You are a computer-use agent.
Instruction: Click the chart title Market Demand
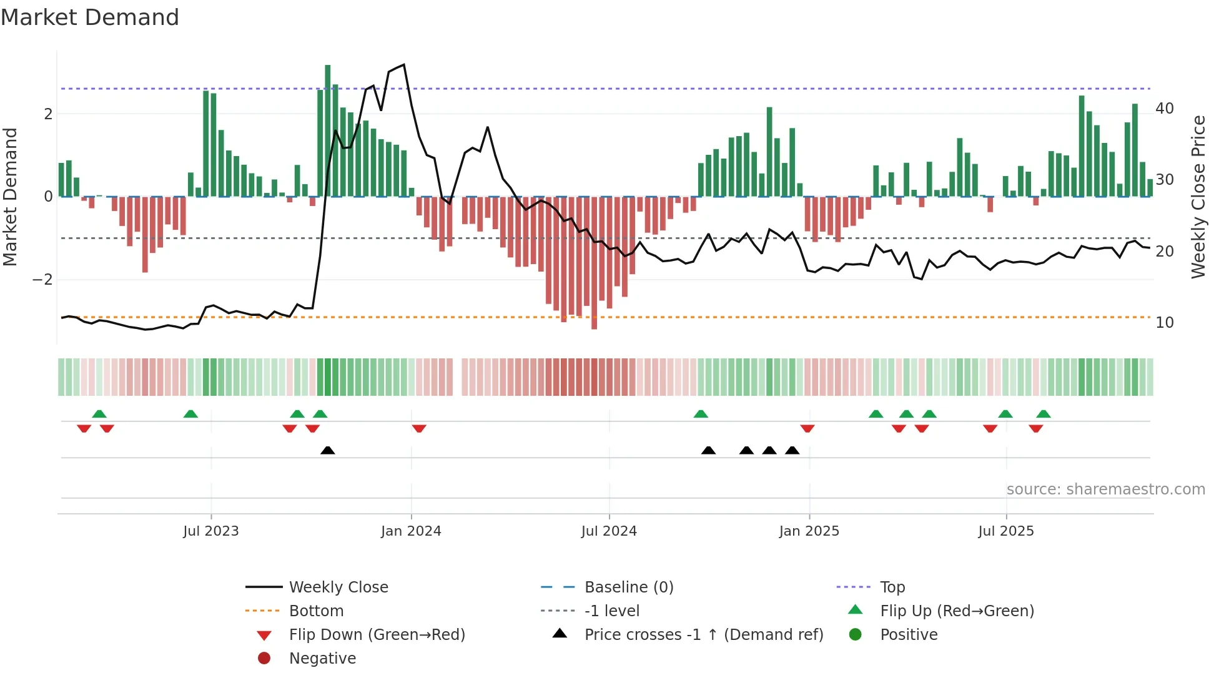pos(90,17)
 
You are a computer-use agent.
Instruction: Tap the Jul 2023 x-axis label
pos(210,531)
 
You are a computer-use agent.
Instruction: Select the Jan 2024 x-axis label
pos(411,531)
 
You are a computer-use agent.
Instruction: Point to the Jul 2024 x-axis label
pos(609,531)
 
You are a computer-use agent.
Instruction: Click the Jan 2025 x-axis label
pos(809,531)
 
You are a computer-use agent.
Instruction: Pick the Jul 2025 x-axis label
pos(1006,531)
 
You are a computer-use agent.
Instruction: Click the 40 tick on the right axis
pos(1165,109)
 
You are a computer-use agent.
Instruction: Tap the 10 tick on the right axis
pos(1165,323)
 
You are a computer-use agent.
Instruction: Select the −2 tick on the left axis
pos(42,280)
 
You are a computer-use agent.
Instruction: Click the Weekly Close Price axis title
pos(1198,197)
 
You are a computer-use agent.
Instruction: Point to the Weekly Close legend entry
pos(338,587)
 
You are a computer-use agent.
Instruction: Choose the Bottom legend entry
pos(316,611)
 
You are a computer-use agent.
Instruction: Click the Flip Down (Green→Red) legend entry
pos(377,635)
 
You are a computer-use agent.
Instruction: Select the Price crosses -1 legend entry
pos(703,635)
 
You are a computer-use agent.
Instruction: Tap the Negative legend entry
pos(322,659)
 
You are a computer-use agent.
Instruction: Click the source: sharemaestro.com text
pos(1105,489)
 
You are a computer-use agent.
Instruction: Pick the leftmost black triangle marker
pos(328,450)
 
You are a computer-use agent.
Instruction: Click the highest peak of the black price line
pos(404,65)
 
